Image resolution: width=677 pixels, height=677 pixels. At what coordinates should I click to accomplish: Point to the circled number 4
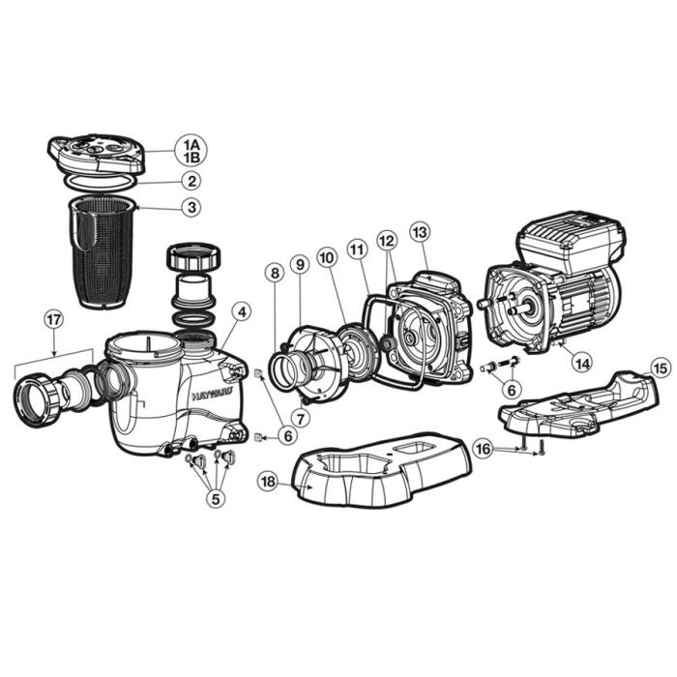241,312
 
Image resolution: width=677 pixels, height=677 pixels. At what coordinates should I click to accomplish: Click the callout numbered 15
659,368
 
